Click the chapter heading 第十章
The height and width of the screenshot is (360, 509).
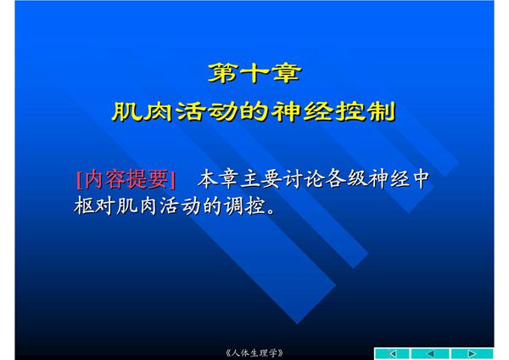pyautogui.click(x=254, y=72)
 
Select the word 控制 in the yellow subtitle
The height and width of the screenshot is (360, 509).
pyautogui.click(x=372, y=112)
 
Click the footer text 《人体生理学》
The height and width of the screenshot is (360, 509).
pyautogui.click(x=255, y=352)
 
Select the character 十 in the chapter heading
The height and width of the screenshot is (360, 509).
pyautogui.click(x=254, y=72)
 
